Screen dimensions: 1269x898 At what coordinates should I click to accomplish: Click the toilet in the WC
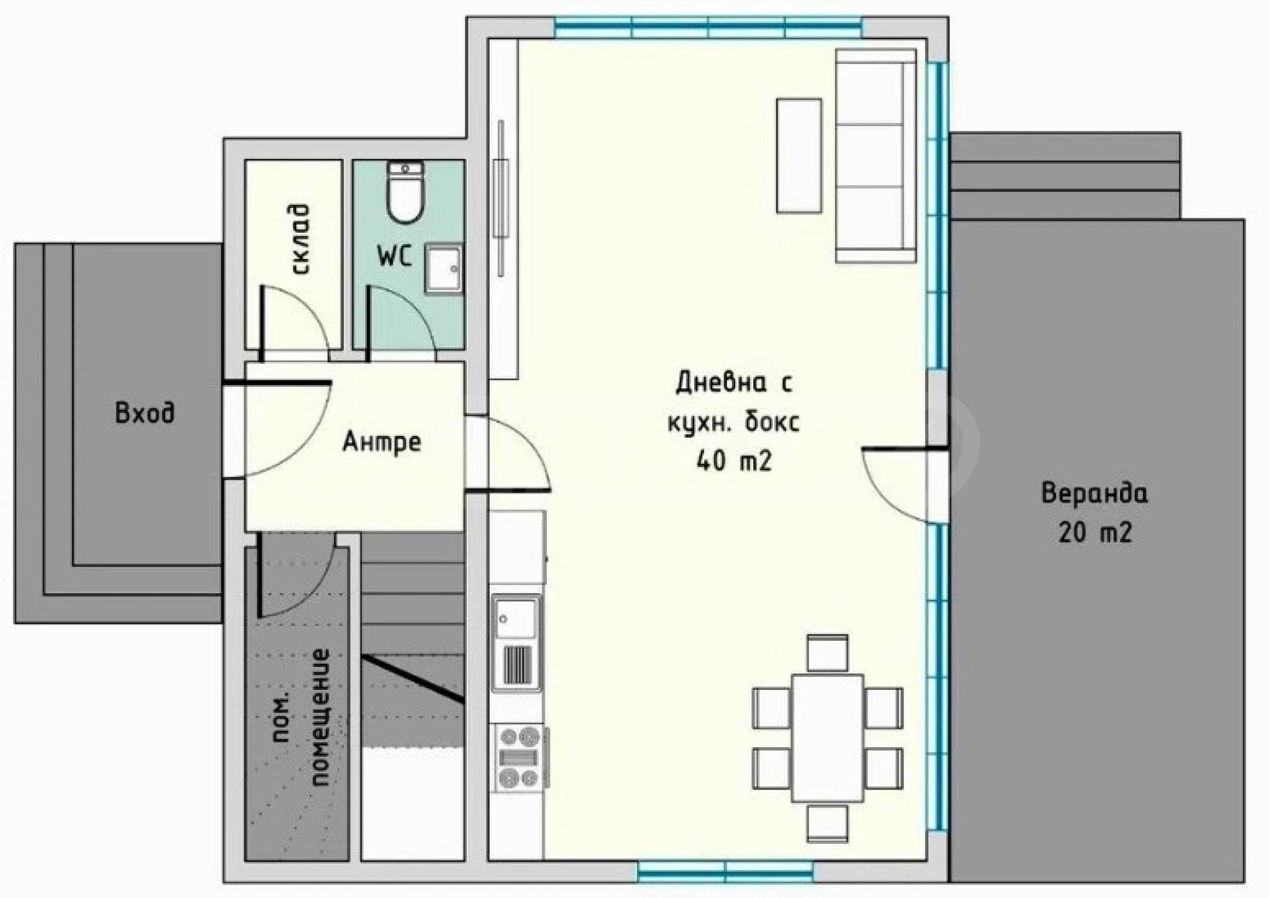coord(405,192)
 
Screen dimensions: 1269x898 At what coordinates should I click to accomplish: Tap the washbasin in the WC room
coord(443,270)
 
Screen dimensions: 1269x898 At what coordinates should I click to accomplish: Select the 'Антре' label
coord(382,442)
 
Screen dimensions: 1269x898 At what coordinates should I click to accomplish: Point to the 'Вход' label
coord(145,412)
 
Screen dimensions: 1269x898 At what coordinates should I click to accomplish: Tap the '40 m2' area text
coord(734,460)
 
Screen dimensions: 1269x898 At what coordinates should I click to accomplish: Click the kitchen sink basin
coord(516,618)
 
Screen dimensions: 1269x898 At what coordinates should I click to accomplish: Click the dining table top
coord(827,738)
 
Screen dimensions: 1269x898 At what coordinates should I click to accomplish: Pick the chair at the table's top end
coord(827,654)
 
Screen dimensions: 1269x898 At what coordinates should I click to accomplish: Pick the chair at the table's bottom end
coord(827,823)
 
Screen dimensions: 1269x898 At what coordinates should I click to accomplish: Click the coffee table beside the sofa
coord(799,156)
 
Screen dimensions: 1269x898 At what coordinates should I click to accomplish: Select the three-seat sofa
coord(876,156)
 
